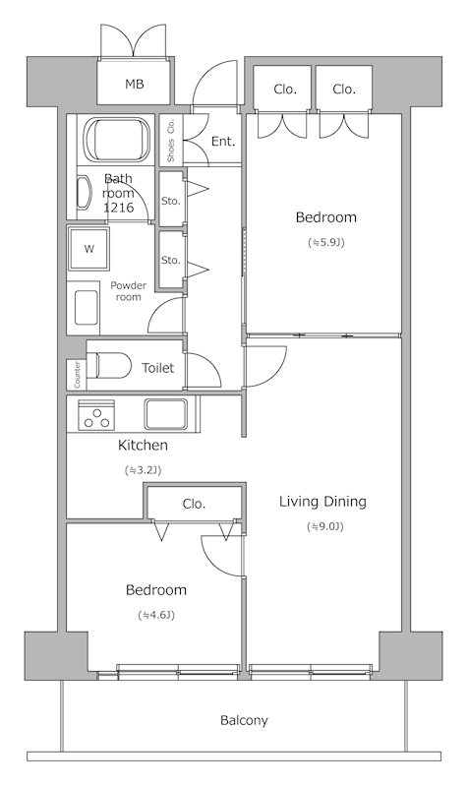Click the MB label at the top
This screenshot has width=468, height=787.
(x=135, y=84)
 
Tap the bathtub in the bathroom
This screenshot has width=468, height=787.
(x=117, y=140)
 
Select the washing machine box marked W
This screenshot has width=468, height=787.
(x=88, y=249)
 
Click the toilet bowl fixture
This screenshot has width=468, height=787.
(x=109, y=365)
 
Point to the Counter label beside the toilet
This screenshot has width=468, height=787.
(x=77, y=375)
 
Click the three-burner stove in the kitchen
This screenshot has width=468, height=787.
(x=96, y=415)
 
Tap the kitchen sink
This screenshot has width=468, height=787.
(x=166, y=414)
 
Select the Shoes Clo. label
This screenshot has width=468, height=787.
(x=171, y=140)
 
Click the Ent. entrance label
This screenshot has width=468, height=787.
(x=223, y=141)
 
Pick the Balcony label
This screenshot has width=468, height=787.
(x=244, y=721)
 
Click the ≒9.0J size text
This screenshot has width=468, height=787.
(x=325, y=526)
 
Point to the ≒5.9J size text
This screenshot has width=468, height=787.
(x=326, y=242)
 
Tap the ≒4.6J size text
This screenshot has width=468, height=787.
(x=156, y=615)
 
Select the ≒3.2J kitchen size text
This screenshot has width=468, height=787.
(x=143, y=470)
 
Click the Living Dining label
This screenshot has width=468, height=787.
(x=323, y=502)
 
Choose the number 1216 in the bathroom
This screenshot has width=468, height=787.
(x=118, y=208)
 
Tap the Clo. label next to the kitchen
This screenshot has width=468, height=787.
(x=194, y=504)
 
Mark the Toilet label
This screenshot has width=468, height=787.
(x=158, y=368)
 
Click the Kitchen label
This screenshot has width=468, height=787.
(x=143, y=446)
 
